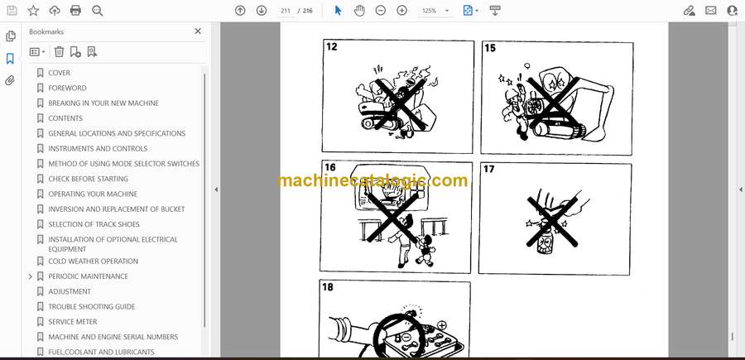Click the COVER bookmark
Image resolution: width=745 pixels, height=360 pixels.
point(59,73)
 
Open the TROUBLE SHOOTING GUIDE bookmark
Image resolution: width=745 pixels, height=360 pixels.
point(92,306)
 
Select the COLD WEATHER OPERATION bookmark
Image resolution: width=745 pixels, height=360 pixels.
point(93,262)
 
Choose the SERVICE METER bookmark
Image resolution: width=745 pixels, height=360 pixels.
point(73,322)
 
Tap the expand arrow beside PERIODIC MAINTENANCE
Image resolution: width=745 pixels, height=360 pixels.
point(31,276)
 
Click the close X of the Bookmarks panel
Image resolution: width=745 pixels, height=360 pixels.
point(198,31)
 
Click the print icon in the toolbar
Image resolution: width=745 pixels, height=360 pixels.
point(75,11)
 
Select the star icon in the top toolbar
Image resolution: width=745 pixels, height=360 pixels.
point(33,11)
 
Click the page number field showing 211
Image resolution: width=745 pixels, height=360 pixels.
point(286,11)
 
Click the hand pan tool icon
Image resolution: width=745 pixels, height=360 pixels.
point(360,11)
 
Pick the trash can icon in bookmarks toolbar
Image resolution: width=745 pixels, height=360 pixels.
point(59,52)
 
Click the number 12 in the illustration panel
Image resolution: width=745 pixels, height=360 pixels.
point(332,46)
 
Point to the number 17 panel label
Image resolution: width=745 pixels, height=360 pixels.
point(489,169)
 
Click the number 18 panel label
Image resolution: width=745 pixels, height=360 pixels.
point(328,287)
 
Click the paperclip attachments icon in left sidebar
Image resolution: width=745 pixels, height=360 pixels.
point(10,80)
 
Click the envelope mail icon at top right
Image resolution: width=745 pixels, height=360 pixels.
point(711,11)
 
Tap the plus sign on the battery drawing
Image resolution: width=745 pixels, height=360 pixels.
point(442,325)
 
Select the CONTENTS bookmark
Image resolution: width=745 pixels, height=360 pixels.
point(65,118)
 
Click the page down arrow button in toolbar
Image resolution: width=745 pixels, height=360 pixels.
point(262,11)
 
